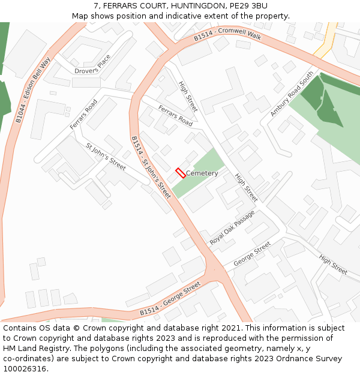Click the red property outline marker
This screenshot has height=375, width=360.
180,173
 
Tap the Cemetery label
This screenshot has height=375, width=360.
202,173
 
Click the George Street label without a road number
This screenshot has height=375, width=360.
252,254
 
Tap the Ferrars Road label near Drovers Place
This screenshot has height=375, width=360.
83,114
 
